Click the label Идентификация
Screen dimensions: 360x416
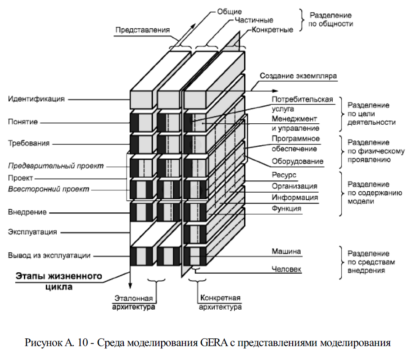click(x=36, y=99)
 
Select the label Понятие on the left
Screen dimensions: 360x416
click(x=23, y=121)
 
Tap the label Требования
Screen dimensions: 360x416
click(x=29, y=144)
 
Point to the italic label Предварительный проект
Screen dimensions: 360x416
click(x=56, y=166)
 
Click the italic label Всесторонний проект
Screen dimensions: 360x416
click(x=49, y=189)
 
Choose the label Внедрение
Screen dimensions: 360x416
click(x=27, y=211)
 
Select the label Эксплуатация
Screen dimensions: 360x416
click(x=32, y=232)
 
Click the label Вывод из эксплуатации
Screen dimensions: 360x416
click(x=49, y=255)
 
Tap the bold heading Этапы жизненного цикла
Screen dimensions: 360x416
click(x=59, y=280)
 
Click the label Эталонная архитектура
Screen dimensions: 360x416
click(x=134, y=302)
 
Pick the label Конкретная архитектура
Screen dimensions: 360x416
click(x=221, y=302)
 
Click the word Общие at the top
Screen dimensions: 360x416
click(x=230, y=11)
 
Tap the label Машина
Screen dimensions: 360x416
click(x=286, y=252)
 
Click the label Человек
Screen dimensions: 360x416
click(x=286, y=269)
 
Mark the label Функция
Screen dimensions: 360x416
click(x=286, y=208)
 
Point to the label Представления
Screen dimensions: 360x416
click(x=142, y=30)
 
